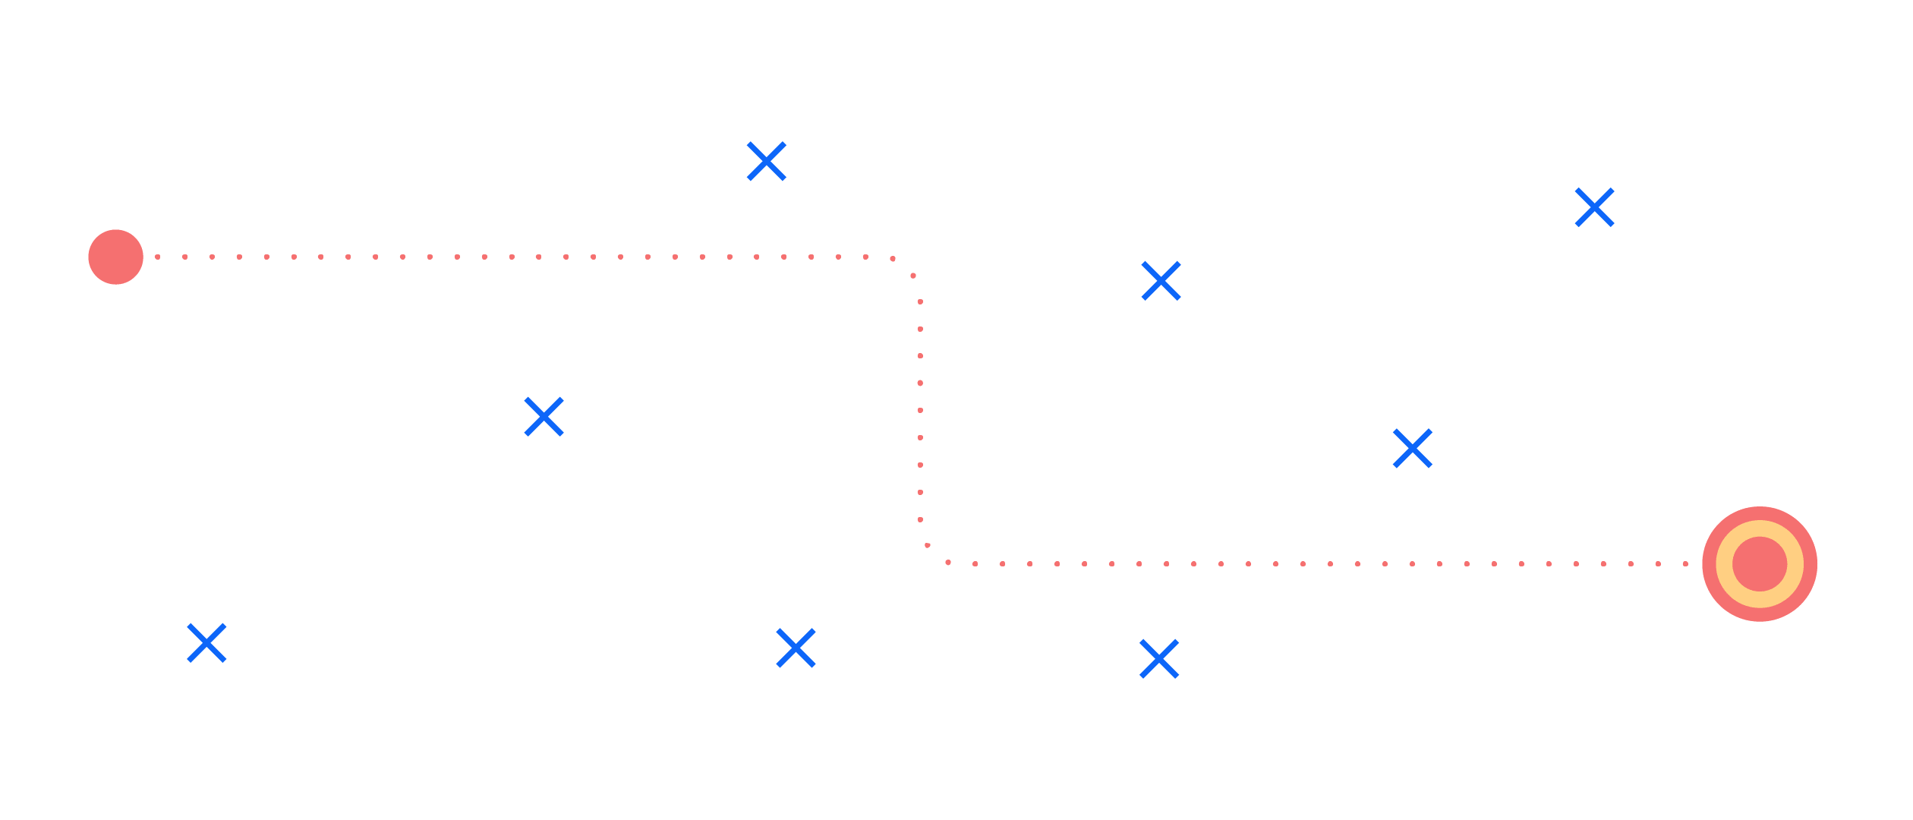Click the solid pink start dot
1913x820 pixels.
[x=115, y=257]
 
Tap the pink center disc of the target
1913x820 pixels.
[x=1760, y=563]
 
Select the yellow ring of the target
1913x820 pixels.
[x=1760, y=528]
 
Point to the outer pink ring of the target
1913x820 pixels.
[x=1760, y=513]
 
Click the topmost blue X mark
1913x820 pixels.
[x=766, y=161]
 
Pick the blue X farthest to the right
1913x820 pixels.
[x=1594, y=208]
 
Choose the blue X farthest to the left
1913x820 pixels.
[x=206, y=643]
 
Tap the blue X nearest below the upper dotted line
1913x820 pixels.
[x=544, y=417]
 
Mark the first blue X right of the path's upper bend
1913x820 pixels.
[x=1161, y=281]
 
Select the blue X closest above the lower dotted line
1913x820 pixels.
[x=1413, y=448]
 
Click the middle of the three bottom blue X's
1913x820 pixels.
[x=796, y=648]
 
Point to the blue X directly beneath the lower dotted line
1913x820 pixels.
[x=1158, y=658]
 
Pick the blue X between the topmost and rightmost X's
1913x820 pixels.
[x=1161, y=281]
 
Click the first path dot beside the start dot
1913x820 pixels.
[x=157, y=257]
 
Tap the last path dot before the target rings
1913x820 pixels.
[x=1685, y=563]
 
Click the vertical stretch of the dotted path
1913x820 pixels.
[x=920, y=410]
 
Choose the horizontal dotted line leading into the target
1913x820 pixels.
[x=1328, y=563]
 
